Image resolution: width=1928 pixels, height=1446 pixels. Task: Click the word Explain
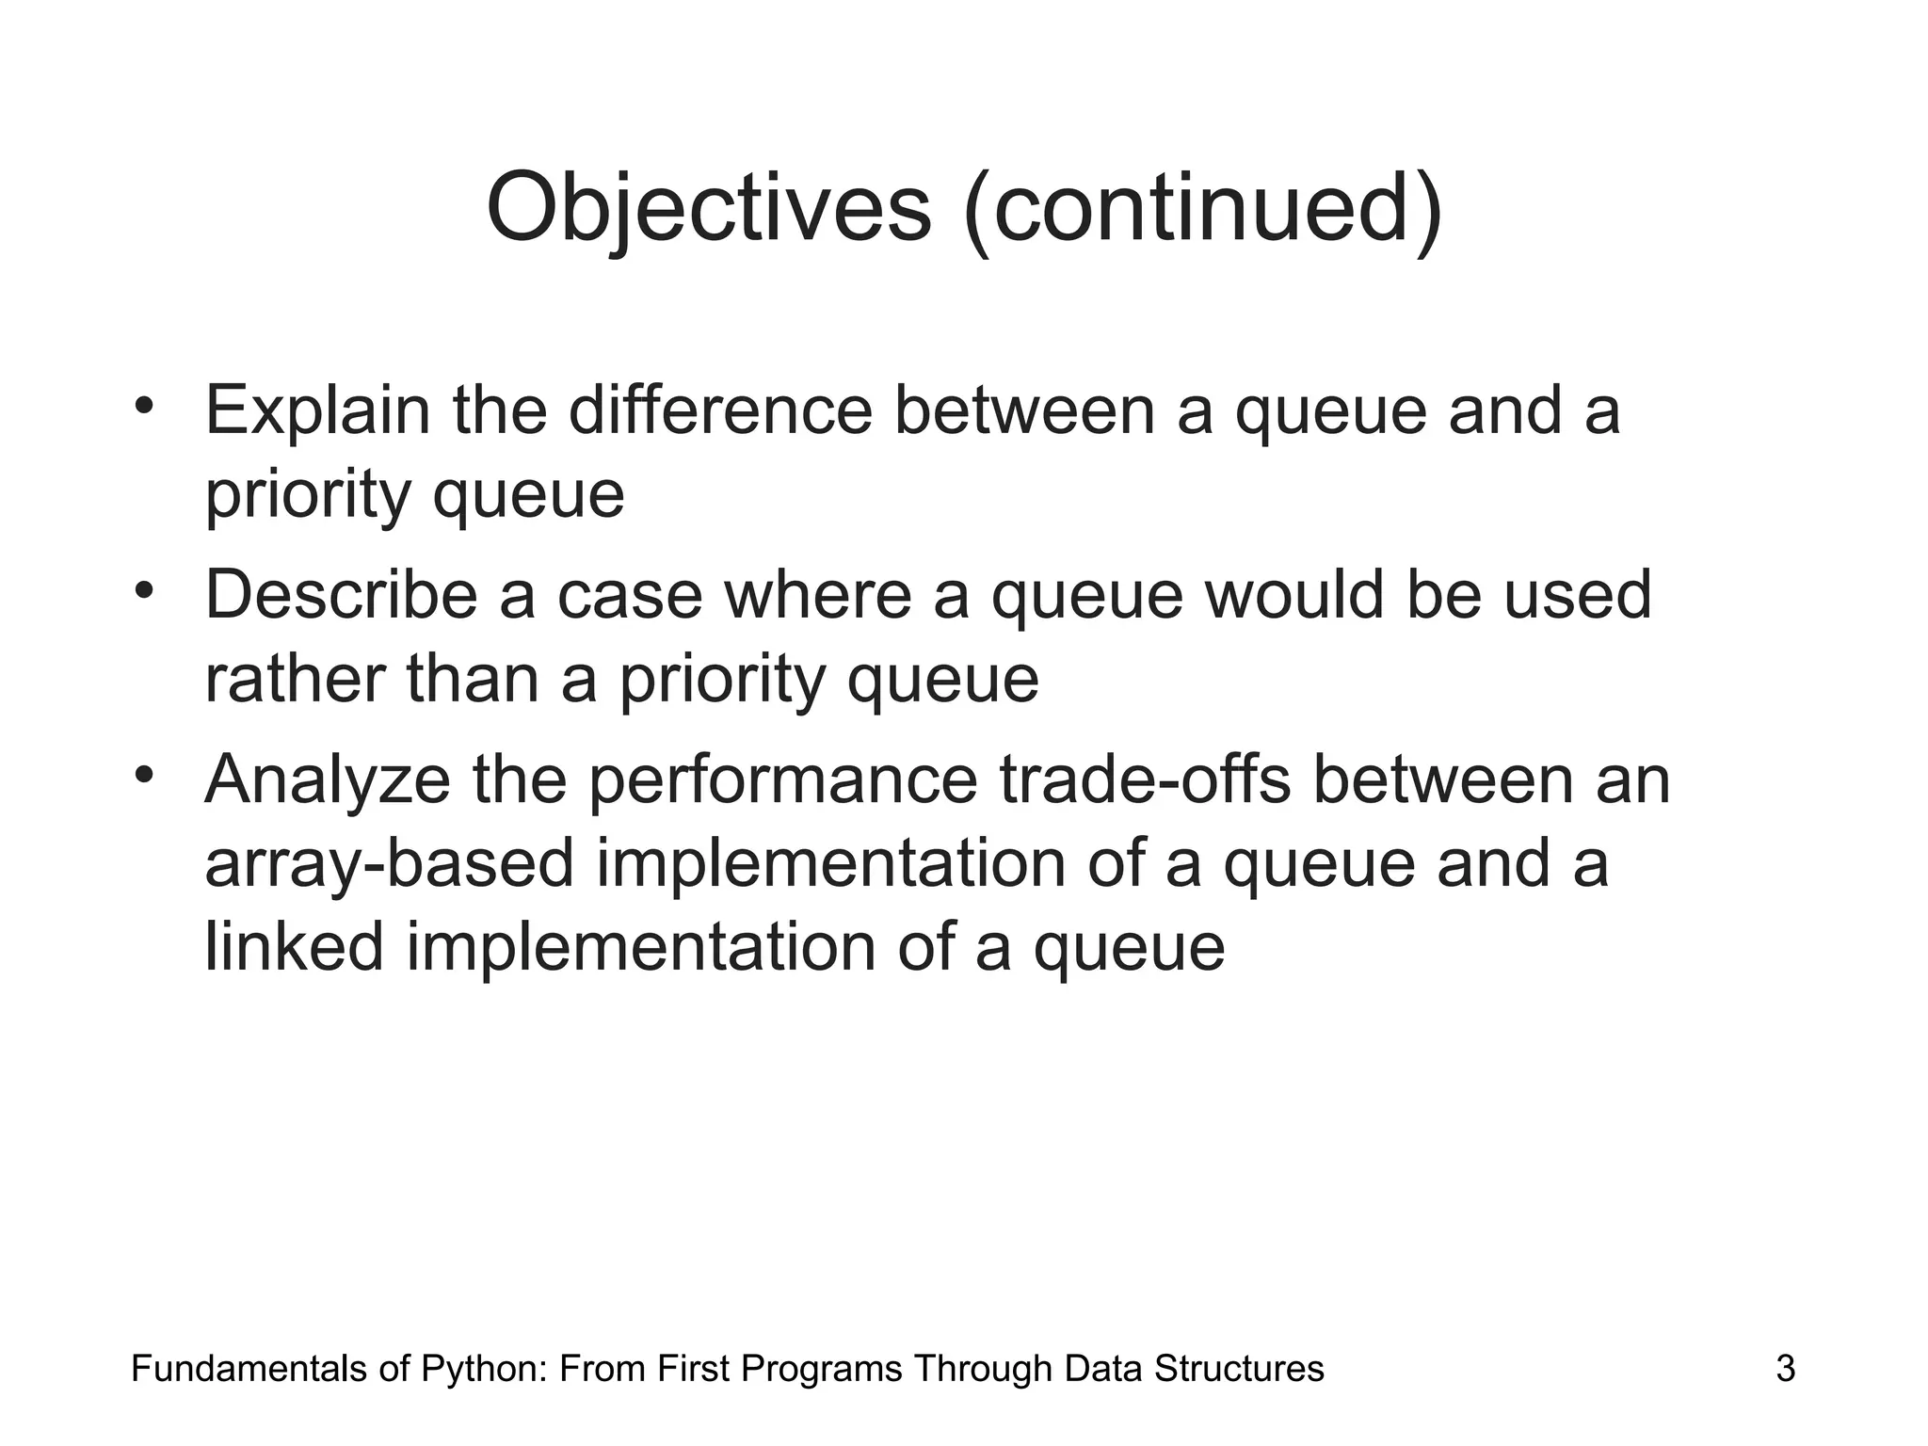click(316, 412)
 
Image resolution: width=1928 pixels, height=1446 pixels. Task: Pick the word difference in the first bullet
click(720, 410)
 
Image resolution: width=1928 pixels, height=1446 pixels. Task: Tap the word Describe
click(341, 595)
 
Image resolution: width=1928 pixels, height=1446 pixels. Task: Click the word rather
click(294, 680)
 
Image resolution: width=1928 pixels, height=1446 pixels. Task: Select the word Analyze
click(327, 781)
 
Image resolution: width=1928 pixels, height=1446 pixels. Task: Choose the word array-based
click(389, 864)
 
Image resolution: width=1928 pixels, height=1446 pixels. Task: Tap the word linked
click(294, 947)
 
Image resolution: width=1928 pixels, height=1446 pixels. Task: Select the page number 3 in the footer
click(1785, 1368)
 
